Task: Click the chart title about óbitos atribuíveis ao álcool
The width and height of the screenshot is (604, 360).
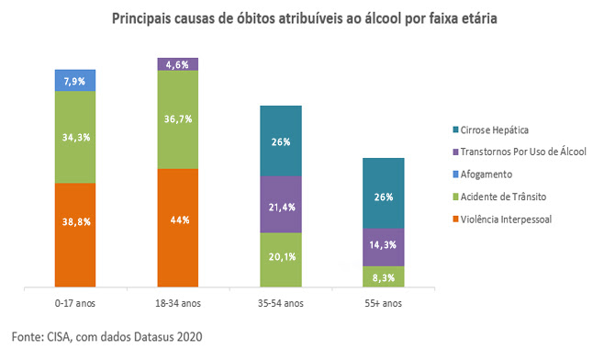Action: (x=305, y=18)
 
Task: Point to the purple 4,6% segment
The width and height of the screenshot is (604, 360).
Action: (x=178, y=64)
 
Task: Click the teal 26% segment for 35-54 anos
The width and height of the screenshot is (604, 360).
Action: (x=281, y=141)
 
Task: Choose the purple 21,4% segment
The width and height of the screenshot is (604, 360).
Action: (x=281, y=204)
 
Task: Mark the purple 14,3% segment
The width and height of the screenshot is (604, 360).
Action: (x=383, y=246)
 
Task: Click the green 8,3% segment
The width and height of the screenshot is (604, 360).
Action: (x=383, y=276)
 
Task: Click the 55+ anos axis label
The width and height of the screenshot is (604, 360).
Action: (x=383, y=301)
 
